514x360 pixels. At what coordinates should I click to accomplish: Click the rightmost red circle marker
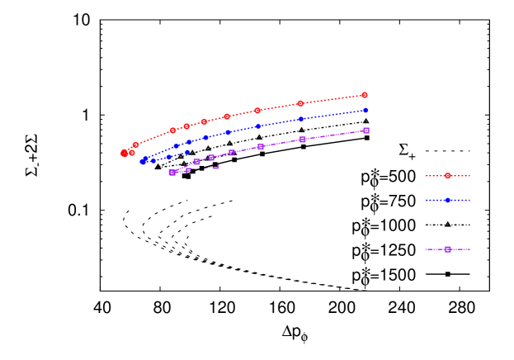pyautogui.click(x=364, y=95)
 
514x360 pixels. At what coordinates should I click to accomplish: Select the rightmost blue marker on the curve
pyautogui.click(x=365, y=110)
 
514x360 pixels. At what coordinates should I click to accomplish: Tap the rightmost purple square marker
pyautogui.click(x=365, y=130)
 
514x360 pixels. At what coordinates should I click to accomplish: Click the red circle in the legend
pyautogui.click(x=447, y=176)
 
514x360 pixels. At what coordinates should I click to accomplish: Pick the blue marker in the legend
pyautogui.click(x=447, y=200)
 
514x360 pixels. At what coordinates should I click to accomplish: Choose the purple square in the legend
pyautogui.click(x=447, y=249)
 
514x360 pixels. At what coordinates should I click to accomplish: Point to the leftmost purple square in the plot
pyautogui.click(x=172, y=173)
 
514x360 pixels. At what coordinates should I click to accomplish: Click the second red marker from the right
pyautogui.click(x=300, y=103)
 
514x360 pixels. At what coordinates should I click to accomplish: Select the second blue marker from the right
pyautogui.click(x=301, y=119)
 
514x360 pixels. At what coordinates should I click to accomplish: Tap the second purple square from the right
pyautogui.click(x=302, y=140)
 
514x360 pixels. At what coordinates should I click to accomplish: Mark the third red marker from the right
pyautogui.click(x=257, y=110)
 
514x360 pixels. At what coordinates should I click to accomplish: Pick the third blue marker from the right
pyautogui.click(x=258, y=126)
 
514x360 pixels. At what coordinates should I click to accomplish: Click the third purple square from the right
pyautogui.click(x=260, y=146)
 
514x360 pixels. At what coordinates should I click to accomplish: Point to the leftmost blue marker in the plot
pyautogui.click(x=143, y=162)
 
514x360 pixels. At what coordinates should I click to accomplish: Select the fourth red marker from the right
pyautogui.click(x=227, y=116)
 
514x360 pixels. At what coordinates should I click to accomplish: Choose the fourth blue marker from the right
pyautogui.click(x=228, y=132)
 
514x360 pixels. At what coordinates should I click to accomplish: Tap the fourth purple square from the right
pyautogui.click(x=232, y=153)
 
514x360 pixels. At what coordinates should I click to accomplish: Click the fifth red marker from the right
pyautogui.click(x=204, y=121)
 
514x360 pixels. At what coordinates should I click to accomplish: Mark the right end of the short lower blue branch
pyautogui.click(x=187, y=152)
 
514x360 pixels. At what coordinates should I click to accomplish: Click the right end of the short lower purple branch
pyautogui.click(x=217, y=168)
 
